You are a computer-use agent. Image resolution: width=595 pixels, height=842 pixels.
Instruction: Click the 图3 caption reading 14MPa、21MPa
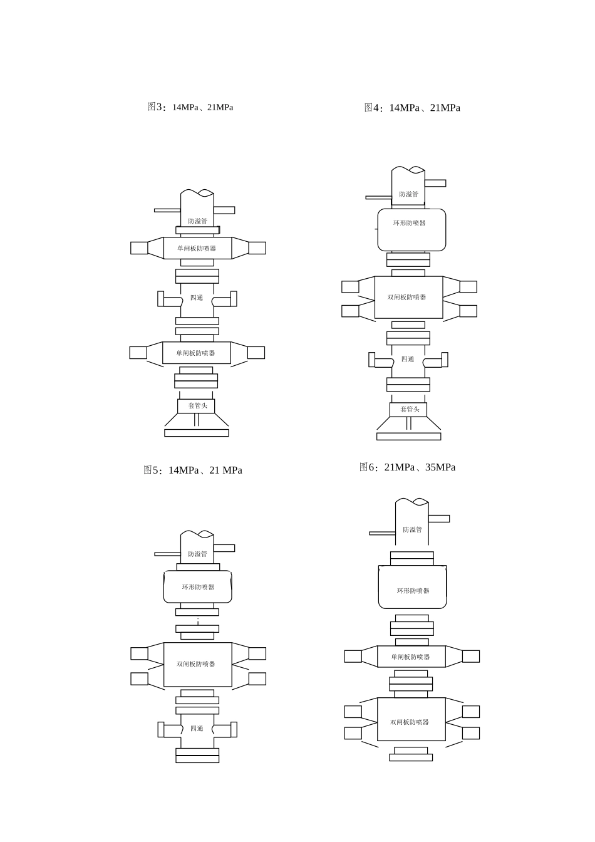coord(202,108)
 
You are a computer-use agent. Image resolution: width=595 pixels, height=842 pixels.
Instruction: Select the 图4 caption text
coord(412,108)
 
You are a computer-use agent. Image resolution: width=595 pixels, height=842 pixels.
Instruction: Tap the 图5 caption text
coord(193,470)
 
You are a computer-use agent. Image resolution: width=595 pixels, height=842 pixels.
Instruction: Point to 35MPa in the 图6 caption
coord(440,467)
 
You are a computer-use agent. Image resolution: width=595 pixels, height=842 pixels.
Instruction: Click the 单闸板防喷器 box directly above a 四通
coord(198,248)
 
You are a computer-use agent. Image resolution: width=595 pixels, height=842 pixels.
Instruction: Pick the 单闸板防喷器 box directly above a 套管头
coord(197,353)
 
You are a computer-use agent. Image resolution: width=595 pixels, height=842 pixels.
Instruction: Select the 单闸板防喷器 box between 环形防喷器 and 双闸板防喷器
coord(411,657)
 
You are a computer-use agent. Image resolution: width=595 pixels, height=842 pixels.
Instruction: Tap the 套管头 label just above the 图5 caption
coord(198,405)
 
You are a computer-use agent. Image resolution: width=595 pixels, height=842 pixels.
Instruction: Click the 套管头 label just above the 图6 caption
coord(410,409)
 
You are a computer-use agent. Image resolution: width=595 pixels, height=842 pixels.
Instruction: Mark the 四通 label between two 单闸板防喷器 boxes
coord(197,298)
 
